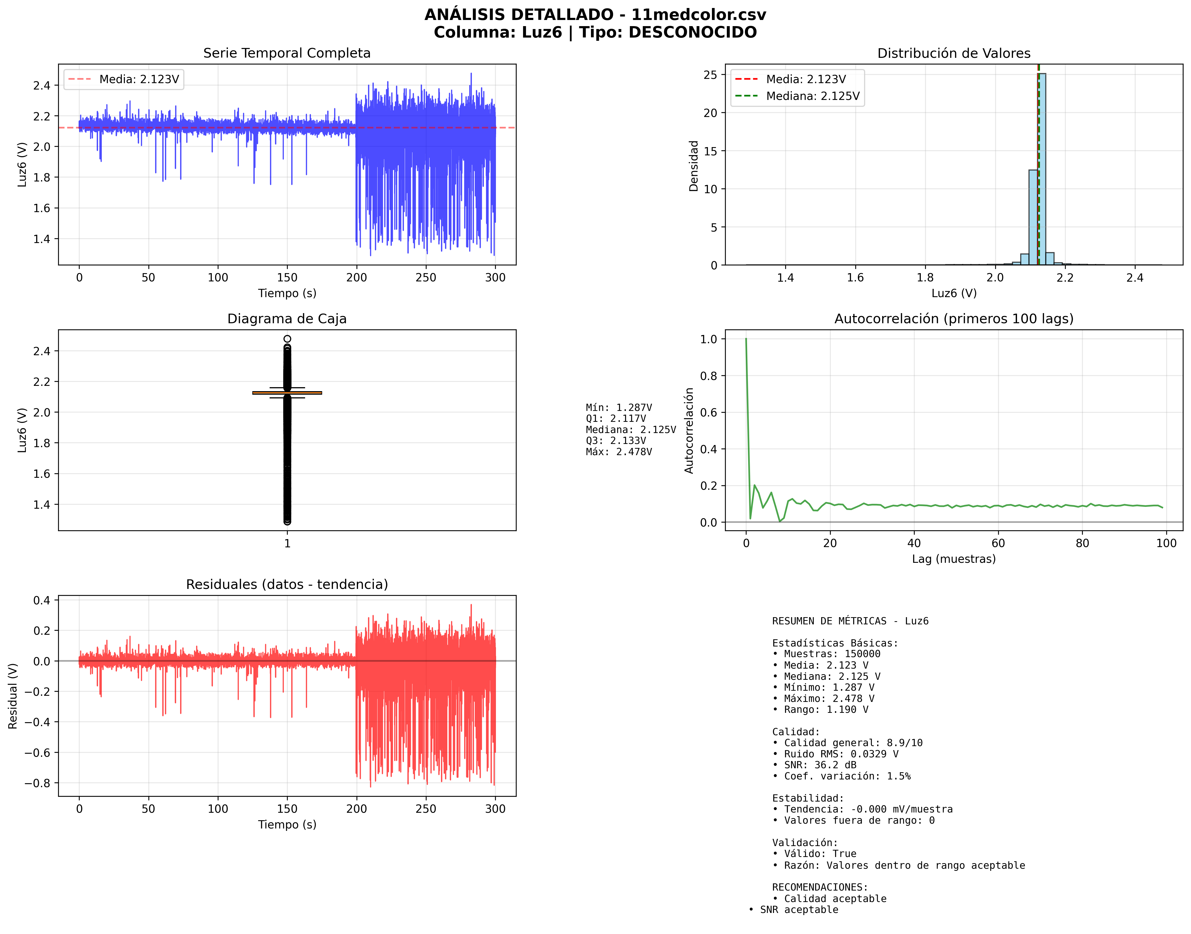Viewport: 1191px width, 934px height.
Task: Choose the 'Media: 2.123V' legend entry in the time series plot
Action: (x=139, y=79)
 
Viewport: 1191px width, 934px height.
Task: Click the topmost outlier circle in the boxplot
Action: (x=287, y=339)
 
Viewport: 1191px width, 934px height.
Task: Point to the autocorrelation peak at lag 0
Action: (x=746, y=339)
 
